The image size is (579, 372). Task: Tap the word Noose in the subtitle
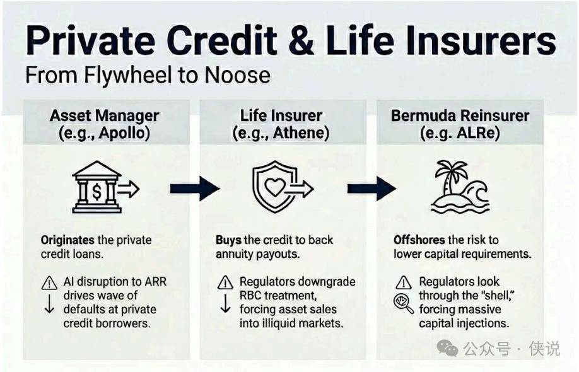[237, 75]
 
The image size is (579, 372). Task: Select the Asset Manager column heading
[105, 115]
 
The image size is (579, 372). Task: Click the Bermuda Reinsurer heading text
[460, 115]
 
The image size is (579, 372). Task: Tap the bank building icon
[97, 187]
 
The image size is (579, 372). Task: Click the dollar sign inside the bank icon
[96, 192]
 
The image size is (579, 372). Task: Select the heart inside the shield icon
[275, 187]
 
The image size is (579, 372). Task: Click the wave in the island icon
[476, 192]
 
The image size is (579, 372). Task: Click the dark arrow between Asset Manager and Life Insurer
[195, 189]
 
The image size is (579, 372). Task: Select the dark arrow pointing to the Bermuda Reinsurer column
[371, 189]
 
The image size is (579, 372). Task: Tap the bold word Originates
[67, 240]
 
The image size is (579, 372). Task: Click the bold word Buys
[229, 240]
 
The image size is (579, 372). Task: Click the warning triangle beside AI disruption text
[49, 283]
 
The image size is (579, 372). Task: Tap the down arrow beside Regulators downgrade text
[225, 303]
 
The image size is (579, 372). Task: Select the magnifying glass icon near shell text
[403, 303]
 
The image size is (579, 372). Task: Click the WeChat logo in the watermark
[447, 348]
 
